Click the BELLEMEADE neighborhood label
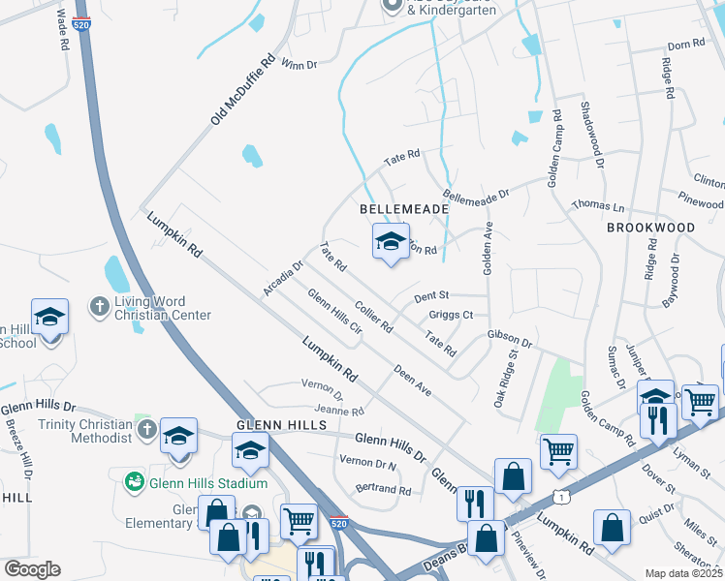pos(404,209)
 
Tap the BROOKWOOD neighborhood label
pos(650,227)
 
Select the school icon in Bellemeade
pos(390,242)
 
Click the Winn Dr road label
pos(299,65)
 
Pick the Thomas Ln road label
pos(597,205)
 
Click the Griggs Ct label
pos(451,315)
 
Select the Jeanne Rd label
pos(338,412)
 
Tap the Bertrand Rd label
pos(383,490)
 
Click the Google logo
pos(32,569)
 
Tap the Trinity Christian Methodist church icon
pos(145,429)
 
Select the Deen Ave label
pos(413,380)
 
